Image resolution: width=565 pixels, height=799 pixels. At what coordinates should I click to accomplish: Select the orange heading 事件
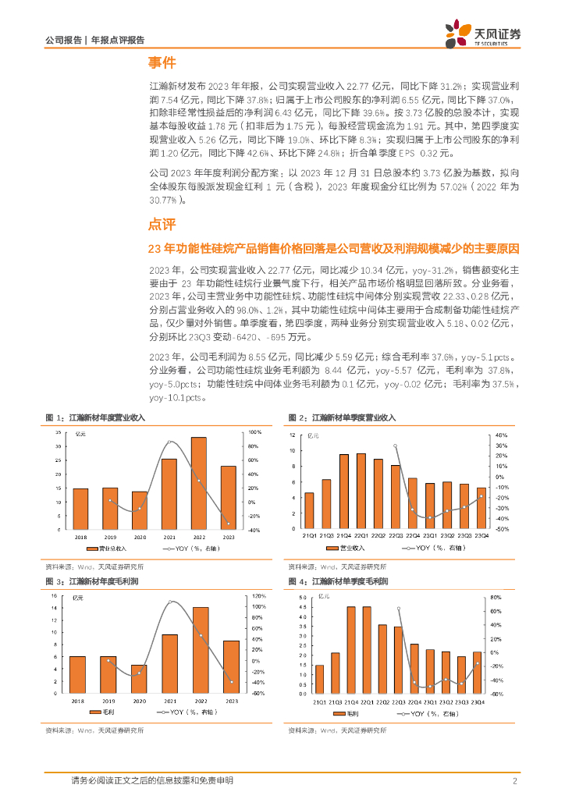[162, 63]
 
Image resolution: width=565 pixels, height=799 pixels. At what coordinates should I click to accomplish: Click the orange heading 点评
[162, 225]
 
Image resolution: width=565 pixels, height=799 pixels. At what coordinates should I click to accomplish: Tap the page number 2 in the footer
[515, 781]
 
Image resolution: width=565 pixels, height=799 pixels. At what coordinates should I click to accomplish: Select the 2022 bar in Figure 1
[199, 483]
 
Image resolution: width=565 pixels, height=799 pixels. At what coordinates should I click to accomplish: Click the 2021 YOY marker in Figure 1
[169, 442]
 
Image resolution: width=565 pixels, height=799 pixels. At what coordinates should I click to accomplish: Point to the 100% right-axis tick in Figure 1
[254, 433]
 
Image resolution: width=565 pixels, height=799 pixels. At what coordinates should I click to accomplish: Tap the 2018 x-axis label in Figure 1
[80, 538]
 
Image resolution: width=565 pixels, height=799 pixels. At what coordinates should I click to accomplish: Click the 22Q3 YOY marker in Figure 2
[395, 446]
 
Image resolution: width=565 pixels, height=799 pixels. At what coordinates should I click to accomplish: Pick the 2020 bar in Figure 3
[139, 679]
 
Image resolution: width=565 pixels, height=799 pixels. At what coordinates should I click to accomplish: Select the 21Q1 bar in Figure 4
[318, 679]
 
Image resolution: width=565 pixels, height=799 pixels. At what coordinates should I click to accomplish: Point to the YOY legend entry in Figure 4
[425, 714]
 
